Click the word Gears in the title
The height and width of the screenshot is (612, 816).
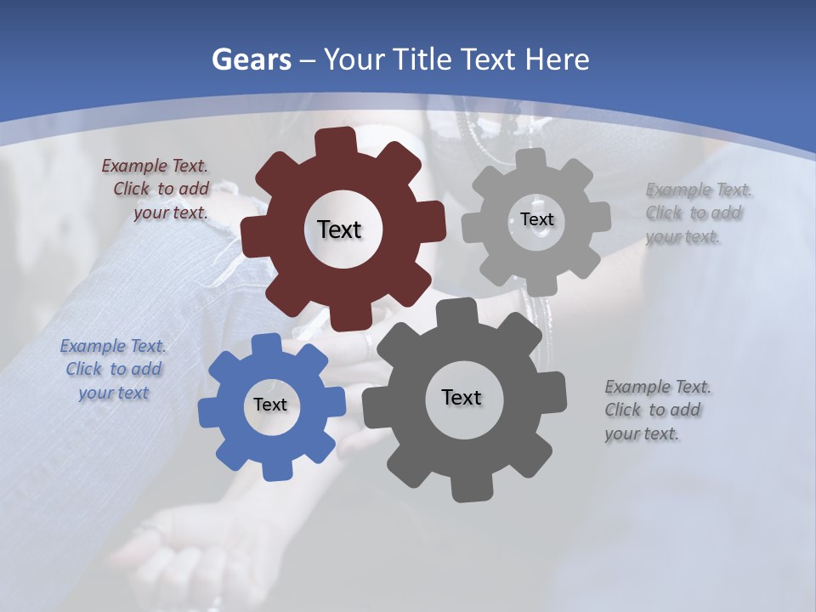tap(251, 59)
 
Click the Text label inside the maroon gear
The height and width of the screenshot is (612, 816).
tap(339, 229)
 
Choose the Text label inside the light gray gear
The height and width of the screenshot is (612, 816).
tap(536, 219)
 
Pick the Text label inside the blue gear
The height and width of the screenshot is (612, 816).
tap(270, 405)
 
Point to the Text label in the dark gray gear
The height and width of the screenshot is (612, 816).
tap(462, 397)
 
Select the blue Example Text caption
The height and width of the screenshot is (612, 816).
tap(113, 370)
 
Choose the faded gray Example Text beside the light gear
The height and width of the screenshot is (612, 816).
tap(697, 213)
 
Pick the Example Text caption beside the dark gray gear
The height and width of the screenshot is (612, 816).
tap(656, 410)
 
